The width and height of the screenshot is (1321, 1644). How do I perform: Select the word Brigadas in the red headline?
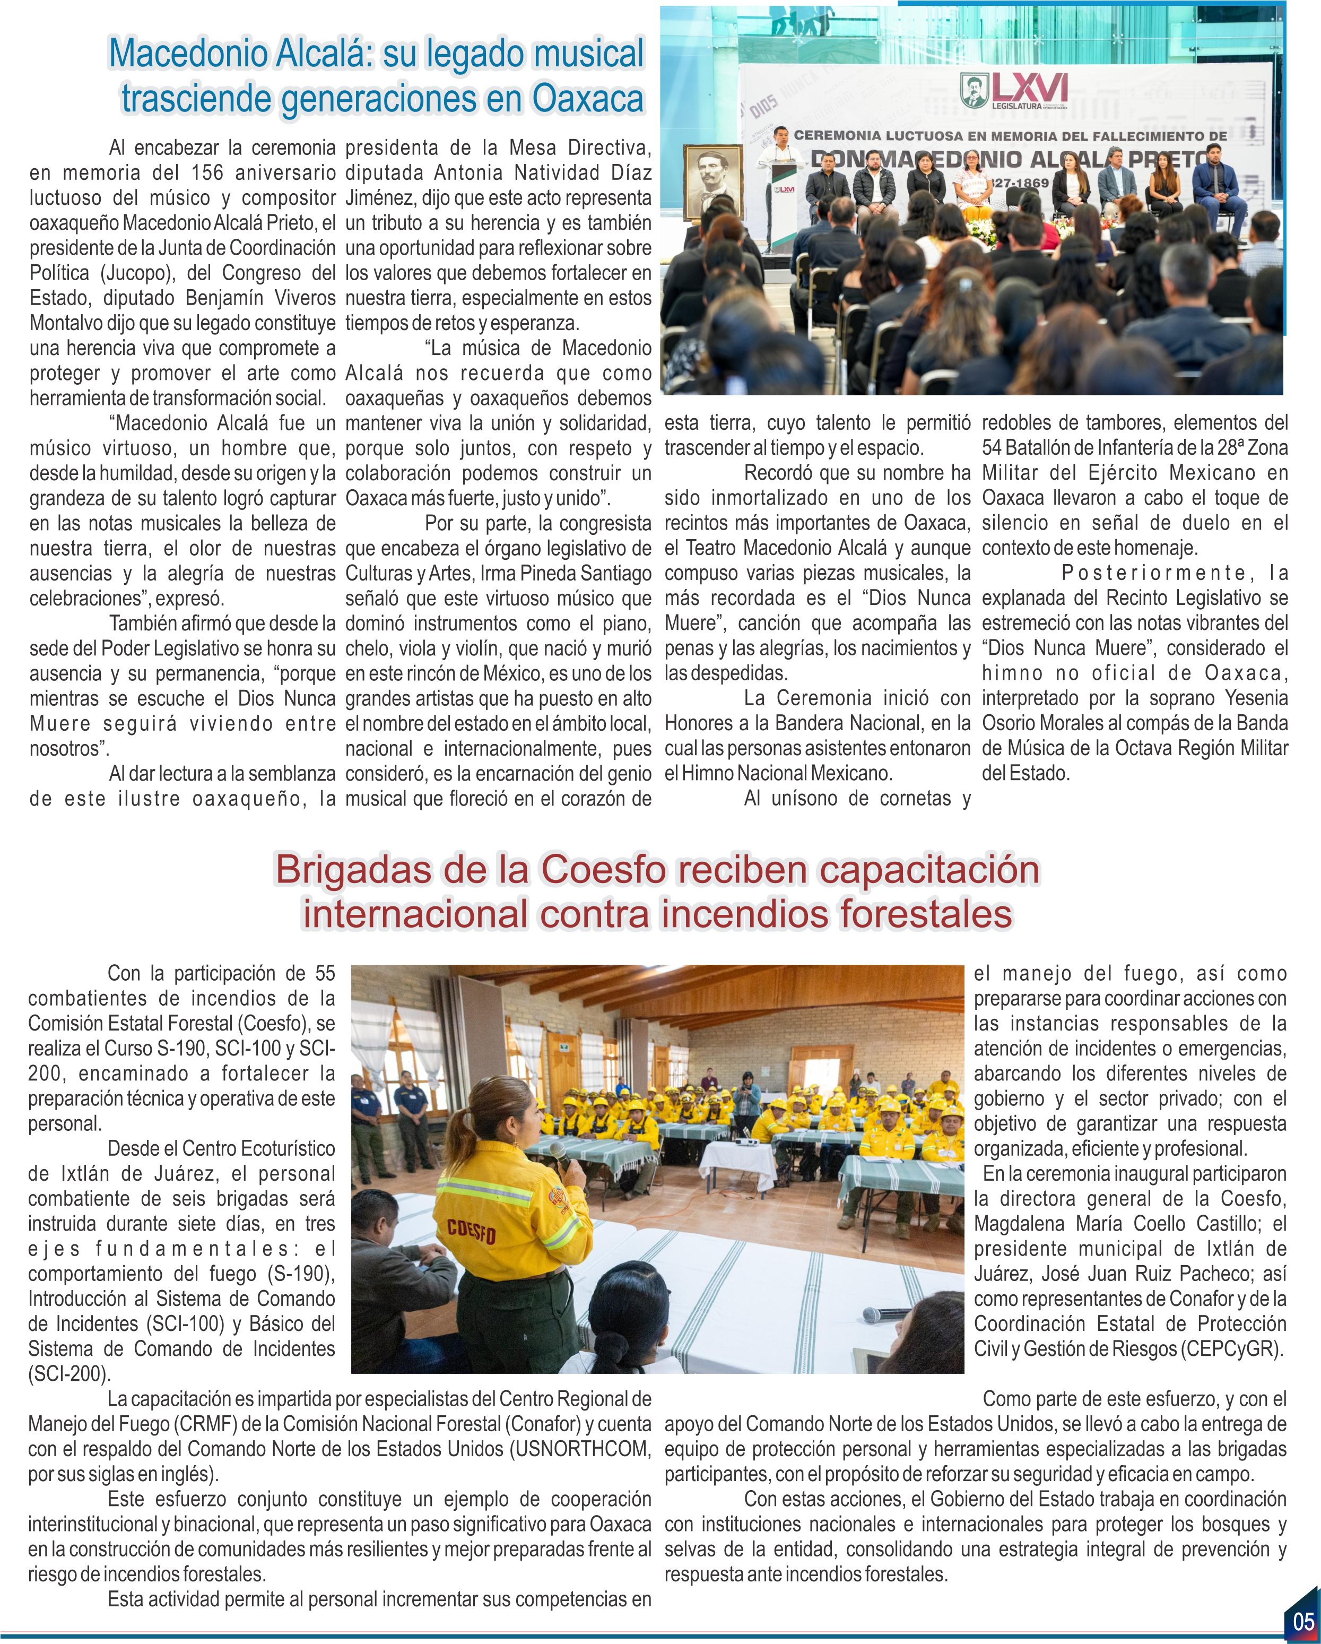pos(353,870)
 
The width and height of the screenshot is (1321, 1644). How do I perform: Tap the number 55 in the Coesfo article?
pos(325,974)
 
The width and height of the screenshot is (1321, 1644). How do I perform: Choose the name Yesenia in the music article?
pos(1256,698)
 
